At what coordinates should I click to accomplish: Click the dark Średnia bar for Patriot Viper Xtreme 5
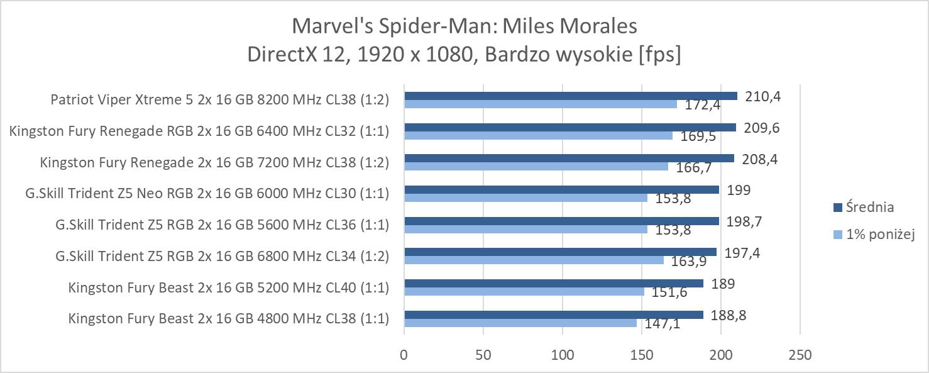pyautogui.click(x=570, y=96)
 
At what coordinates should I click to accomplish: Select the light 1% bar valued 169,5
pyautogui.click(x=538, y=135)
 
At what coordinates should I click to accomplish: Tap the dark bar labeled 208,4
pyautogui.click(x=569, y=159)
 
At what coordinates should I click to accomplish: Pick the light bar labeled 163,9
pyautogui.click(x=534, y=260)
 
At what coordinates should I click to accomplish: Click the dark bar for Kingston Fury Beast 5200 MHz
pyautogui.click(x=553, y=284)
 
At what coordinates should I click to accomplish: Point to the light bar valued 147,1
pyautogui.click(x=520, y=323)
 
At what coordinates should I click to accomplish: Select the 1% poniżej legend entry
pyautogui.click(x=873, y=235)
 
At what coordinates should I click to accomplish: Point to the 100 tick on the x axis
pyautogui.click(x=563, y=355)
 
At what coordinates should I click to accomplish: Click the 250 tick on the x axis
pyautogui.click(x=800, y=355)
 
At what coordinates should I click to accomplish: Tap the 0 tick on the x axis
pyautogui.click(x=404, y=355)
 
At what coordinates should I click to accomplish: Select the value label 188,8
pyautogui.click(x=728, y=315)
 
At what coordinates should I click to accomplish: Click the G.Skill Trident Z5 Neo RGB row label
pyautogui.click(x=207, y=194)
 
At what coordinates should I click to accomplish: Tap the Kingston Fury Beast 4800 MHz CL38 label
pyautogui.click(x=228, y=319)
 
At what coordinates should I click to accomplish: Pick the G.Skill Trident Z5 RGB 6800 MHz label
pyautogui.click(x=222, y=256)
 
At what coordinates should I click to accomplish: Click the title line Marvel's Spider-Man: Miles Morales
pyautogui.click(x=464, y=26)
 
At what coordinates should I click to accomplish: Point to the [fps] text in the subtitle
pyautogui.click(x=659, y=54)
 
